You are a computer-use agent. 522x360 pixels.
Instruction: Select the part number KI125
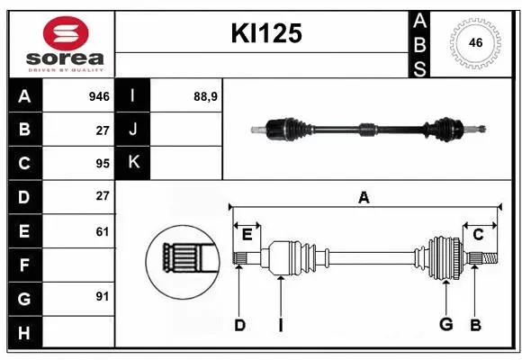click(266, 34)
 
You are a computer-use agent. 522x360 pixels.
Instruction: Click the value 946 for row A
click(99, 96)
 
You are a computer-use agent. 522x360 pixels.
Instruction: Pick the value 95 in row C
click(103, 163)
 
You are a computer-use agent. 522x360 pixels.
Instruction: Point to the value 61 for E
click(103, 231)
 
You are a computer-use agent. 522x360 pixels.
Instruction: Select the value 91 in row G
click(103, 297)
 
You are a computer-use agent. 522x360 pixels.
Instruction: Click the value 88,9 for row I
click(206, 96)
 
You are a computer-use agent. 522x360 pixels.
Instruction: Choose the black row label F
click(24, 265)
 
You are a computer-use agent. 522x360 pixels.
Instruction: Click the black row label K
click(133, 163)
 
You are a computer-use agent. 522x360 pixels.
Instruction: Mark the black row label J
click(133, 130)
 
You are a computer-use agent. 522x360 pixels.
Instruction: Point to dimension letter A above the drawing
click(364, 198)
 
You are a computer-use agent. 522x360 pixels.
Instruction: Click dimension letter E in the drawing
click(247, 236)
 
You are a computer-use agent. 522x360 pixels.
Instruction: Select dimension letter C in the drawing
click(478, 235)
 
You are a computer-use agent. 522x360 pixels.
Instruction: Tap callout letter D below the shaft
click(239, 325)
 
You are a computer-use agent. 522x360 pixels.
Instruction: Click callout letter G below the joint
click(445, 325)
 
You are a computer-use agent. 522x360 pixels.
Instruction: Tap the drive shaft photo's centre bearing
click(367, 130)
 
